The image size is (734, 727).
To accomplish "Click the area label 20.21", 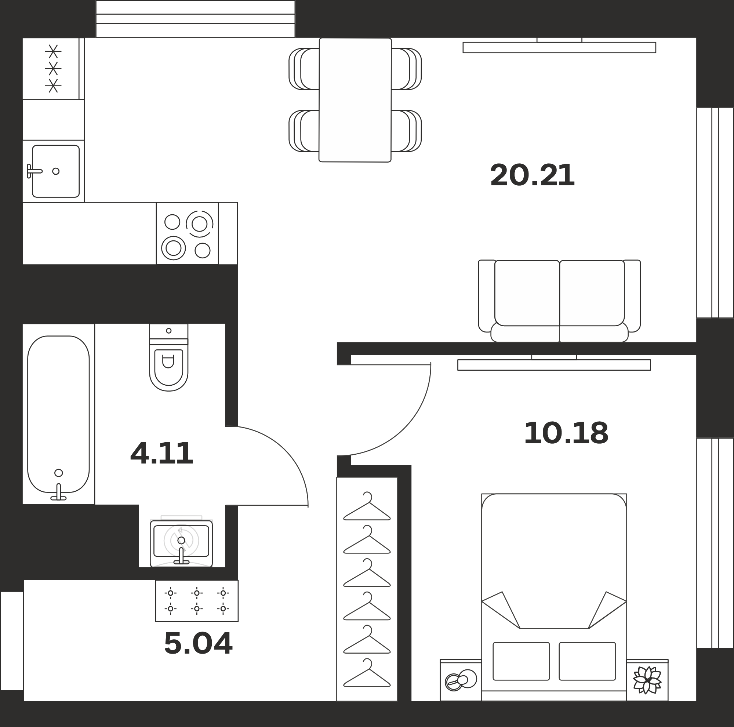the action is (x=532, y=175).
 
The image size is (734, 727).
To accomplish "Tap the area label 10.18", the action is (x=566, y=433).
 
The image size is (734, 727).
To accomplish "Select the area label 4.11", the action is (x=161, y=453).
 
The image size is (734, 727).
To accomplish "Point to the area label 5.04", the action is (x=198, y=643).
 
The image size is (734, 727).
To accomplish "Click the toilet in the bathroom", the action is (x=169, y=357).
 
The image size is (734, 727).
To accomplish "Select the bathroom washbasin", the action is (x=181, y=544).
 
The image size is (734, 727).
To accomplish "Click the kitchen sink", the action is (x=55, y=171).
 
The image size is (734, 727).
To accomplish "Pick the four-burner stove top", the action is (x=187, y=233).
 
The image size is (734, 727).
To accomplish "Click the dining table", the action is (x=355, y=100).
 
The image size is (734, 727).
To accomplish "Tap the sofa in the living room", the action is (x=559, y=301).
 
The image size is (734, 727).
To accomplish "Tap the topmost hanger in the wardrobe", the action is (x=367, y=506).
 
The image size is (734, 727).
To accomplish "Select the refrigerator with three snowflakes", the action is (x=53, y=68).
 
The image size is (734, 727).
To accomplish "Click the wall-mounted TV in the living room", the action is (x=559, y=47).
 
